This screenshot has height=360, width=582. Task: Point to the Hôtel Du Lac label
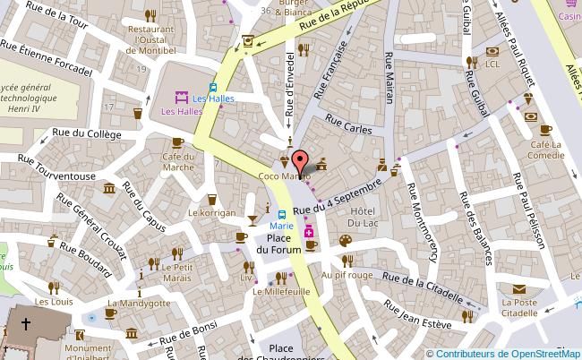coord(364,216)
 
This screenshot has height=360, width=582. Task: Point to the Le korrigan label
coord(211,213)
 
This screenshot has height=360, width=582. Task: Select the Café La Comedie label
coord(545,150)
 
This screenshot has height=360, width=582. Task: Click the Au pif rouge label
coord(347,276)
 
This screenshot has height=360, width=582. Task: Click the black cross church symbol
coord(26,325)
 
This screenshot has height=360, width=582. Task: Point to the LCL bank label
coord(492,64)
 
